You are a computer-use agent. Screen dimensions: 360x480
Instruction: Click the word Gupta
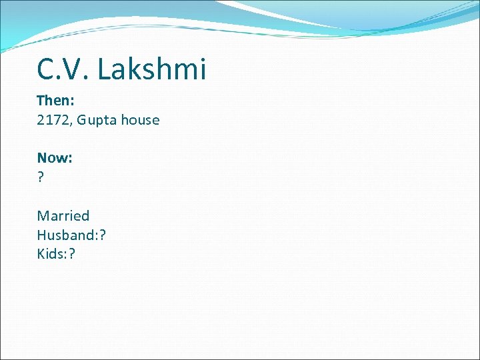pos(97,120)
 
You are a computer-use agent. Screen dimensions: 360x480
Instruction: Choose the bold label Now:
pos(55,158)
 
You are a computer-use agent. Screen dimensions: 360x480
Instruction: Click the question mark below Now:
pos(41,177)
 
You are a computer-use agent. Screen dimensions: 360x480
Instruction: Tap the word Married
pos(63,215)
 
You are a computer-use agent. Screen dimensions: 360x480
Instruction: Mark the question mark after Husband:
pos(102,235)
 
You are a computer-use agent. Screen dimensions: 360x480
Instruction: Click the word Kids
pos(51,253)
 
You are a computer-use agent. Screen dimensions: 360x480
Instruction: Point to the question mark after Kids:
pos(71,253)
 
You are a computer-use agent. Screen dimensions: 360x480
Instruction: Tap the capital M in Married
pos(43,215)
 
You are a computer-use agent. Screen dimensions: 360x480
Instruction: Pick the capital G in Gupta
pos(82,120)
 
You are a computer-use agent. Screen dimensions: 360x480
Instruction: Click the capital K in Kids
pos(41,253)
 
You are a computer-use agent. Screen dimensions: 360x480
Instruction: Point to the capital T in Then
pos(41,101)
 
